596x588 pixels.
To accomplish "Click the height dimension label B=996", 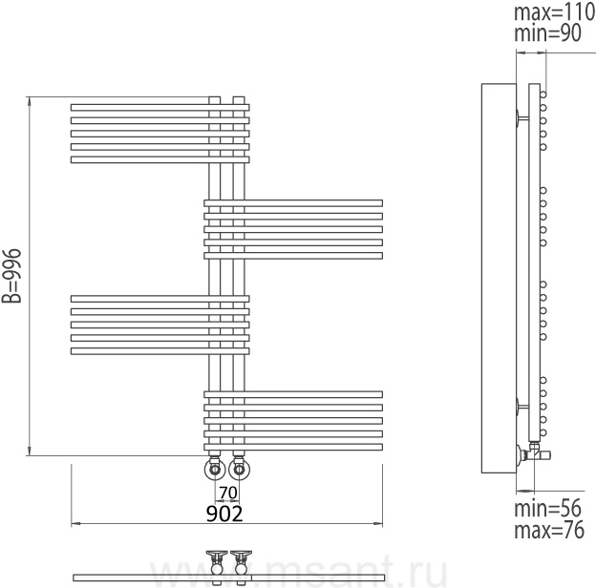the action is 11,276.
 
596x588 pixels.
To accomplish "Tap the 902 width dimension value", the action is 224,514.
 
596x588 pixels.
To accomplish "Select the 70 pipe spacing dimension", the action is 228,493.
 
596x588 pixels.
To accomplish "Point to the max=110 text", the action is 555,12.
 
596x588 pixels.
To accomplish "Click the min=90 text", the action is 547,33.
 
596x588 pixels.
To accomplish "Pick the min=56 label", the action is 547,508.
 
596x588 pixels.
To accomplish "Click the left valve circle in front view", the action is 215,470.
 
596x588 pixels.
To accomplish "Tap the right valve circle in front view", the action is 239,470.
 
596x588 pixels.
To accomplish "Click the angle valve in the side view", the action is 534,452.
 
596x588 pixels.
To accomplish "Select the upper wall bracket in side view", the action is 522,117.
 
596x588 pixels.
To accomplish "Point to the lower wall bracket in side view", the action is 522,407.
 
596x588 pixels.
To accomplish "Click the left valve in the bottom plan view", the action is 217,566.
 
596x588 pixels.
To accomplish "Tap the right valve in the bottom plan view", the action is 241,566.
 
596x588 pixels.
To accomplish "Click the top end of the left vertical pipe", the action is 215,97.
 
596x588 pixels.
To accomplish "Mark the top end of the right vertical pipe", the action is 239,97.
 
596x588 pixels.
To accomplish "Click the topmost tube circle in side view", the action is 543,94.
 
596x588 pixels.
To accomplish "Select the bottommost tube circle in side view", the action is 543,432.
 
